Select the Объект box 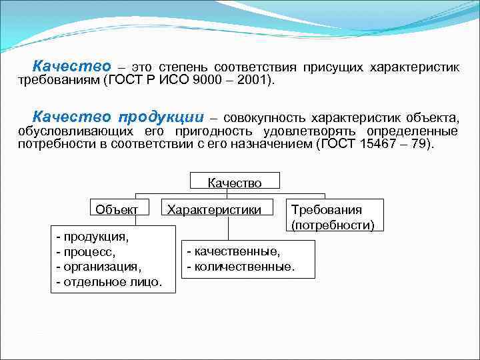coord(117,209)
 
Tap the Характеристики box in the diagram coord(214,209)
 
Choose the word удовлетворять coord(311,130)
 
